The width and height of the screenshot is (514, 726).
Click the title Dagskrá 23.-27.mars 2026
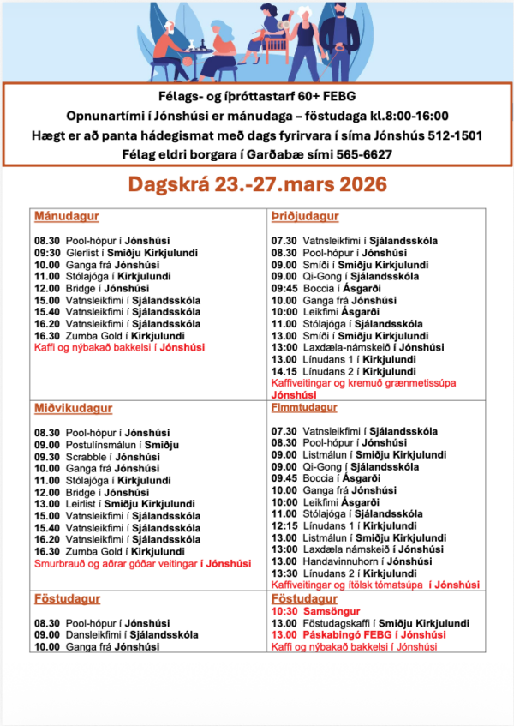coord(256,184)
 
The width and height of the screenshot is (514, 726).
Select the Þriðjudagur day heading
coord(304,217)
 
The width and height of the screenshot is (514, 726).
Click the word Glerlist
coord(81,253)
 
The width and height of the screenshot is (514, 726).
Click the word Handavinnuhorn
coord(344,561)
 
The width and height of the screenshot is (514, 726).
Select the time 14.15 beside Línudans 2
coord(284,372)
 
